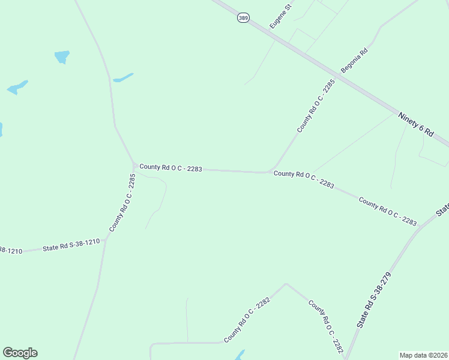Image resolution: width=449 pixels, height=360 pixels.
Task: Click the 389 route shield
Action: (x=243, y=19)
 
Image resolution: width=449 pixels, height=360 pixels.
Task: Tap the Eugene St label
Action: (x=280, y=16)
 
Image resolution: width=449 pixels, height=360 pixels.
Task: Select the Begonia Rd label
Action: (x=354, y=61)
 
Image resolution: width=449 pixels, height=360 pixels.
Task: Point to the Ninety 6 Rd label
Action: (x=416, y=124)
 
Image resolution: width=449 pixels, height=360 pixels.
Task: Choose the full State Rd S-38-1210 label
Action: (x=71, y=245)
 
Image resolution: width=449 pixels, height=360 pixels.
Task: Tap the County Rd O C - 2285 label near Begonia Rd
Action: (x=315, y=106)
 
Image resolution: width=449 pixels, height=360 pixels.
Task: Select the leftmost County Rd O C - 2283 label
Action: (x=170, y=168)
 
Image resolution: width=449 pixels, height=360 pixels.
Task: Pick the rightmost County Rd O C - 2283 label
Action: (x=388, y=211)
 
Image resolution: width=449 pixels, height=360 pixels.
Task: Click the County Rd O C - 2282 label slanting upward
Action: (x=247, y=320)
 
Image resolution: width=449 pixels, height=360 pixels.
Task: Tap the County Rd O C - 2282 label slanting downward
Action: (x=325, y=327)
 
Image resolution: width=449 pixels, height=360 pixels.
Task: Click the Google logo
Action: (x=20, y=353)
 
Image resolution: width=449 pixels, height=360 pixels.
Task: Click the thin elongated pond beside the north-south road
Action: (x=123, y=78)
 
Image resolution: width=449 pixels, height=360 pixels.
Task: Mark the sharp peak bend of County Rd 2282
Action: (x=286, y=284)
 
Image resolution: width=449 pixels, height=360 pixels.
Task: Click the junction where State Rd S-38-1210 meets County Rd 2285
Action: (x=105, y=240)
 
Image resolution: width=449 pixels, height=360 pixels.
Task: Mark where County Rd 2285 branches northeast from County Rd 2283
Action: (x=270, y=172)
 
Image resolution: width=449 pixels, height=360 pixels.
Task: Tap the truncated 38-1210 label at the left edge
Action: (x=11, y=250)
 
